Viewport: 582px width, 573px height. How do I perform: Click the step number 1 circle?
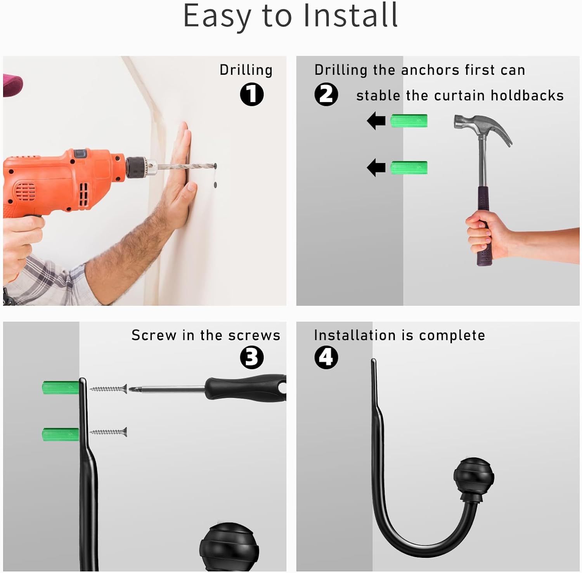coord(252,95)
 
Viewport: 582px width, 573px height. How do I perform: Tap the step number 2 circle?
coord(326,95)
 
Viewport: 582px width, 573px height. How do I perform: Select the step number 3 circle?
coord(252,357)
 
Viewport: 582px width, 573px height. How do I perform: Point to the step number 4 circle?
coord(326,357)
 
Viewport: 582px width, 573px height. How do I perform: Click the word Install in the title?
coord(351,16)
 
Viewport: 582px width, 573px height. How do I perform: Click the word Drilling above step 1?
coord(246,70)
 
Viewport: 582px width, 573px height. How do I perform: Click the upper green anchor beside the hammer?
coord(409,121)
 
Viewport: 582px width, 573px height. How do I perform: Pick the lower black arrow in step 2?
coord(376,168)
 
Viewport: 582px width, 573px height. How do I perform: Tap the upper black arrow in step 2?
coord(376,121)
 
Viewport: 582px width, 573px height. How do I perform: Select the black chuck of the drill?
coord(136,168)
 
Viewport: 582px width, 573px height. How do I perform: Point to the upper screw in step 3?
coord(108,388)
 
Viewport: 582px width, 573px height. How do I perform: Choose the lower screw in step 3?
coord(108,431)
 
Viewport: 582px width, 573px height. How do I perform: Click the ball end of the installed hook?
coord(474,476)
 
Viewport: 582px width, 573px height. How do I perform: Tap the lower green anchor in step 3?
coord(61,435)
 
